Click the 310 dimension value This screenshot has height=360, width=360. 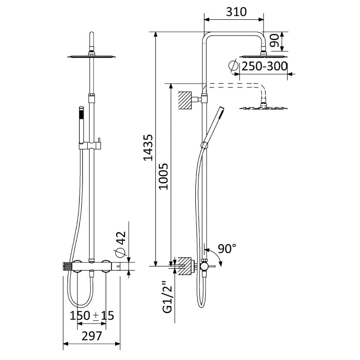(236, 12)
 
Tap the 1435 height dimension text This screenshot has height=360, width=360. (148, 148)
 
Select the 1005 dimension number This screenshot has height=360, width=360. (164, 176)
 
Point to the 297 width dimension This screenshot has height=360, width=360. (92, 336)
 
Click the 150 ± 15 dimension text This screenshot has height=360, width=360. (92, 315)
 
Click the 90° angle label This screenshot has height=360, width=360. (227, 248)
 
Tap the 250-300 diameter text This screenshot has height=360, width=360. (265, 66)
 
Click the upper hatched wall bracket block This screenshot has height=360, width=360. (185, 100)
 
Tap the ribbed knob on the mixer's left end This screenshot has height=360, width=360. (67, 266)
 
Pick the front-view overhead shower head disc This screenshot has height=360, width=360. (92, 56)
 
